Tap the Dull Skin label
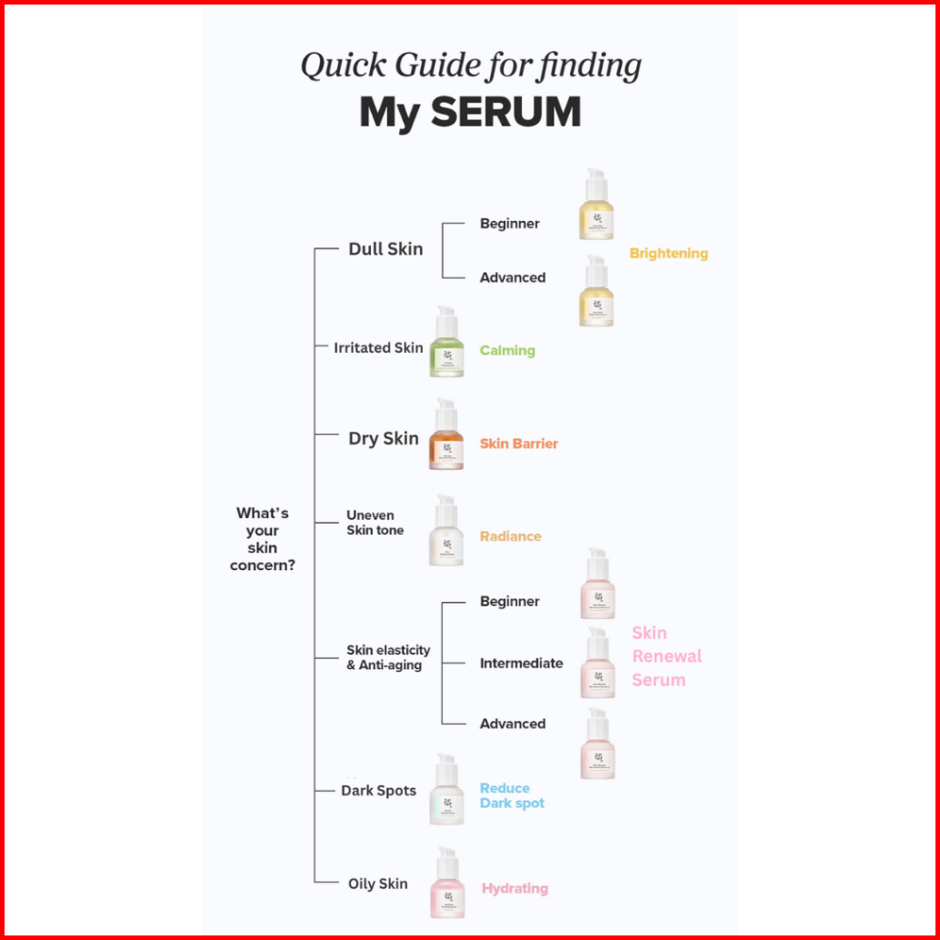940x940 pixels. [x=385, y=248]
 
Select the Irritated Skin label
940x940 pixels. [x=378, y=347]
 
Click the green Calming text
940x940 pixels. [x=507, y=350]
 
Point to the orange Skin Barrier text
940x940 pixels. [x=519, y=444]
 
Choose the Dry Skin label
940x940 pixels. [x=384, y=438]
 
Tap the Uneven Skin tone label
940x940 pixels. [x=375, y=523]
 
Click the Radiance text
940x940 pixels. [x=510, y=536]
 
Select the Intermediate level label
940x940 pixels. [x=521, y=663]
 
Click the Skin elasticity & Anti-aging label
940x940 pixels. [x=388, y=657]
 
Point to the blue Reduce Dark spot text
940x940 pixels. [x=512, y=795]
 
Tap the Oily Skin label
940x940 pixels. [x=378, y=884]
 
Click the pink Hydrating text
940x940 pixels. [x=515, y=888]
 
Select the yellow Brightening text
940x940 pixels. [x=668, y=254]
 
